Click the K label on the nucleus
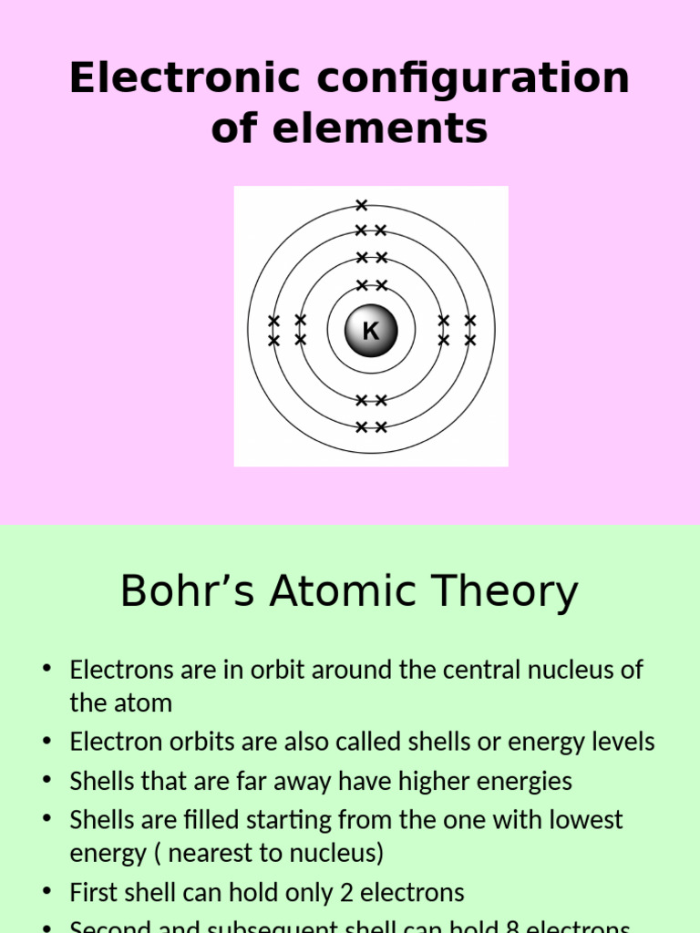coord(371,331)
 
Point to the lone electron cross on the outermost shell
coord(362,205)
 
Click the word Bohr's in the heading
coord(190,591)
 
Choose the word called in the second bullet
coord(369,742)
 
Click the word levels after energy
coord(624,742)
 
